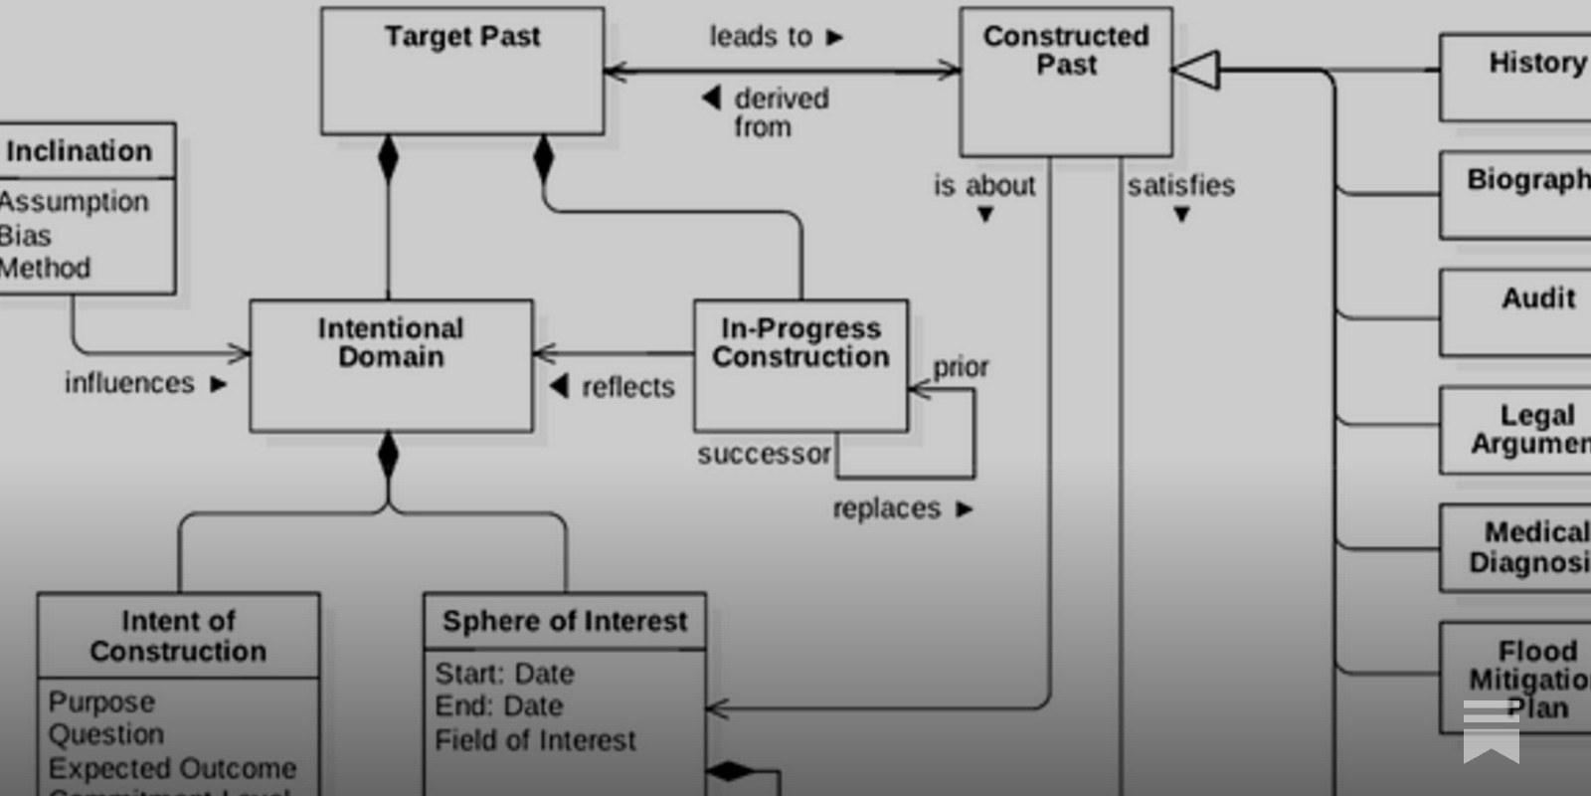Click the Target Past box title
(x=462, y=37)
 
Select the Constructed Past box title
(x=1066, y=50)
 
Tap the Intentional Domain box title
(x=391, y=342)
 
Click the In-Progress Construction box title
(x=800, y=342)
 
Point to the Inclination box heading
(x=80, y=151)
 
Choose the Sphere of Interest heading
(x=565, y=621)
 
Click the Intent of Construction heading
(x=178, y=636)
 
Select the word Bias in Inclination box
(x=26, y=236)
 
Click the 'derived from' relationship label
(x=780, y=112)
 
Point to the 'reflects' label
(x=626, y=386)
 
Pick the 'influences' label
(x=130, y=383)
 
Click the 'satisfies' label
(x=1180, y=185)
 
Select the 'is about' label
(x=984, y=185)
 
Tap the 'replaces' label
(x=887, y=508)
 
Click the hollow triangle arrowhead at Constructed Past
(x=1196, y=70)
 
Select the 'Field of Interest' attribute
(x=535, y=740)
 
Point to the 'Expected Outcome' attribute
(x=172, y=768)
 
